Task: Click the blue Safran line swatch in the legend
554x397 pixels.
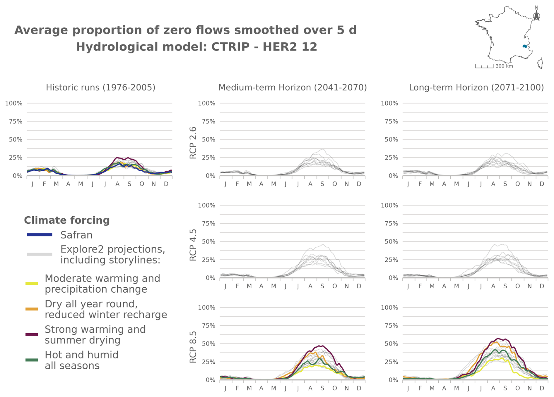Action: point(40,235)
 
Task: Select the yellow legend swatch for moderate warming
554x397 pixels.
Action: point(32,284)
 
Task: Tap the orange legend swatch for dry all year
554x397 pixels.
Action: point(32,309)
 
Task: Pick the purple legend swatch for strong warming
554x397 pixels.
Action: point(32,334)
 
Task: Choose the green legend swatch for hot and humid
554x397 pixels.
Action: point(32,360)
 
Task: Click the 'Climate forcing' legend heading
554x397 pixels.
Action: point(67,220)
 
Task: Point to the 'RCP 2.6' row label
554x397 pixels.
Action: point(193,143)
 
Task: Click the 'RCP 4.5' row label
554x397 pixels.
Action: point(193,245)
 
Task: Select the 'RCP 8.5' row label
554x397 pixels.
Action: point(193,347)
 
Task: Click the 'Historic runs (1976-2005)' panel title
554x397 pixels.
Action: point(101,87)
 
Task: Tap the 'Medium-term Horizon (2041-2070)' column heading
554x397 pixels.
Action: point(293,87)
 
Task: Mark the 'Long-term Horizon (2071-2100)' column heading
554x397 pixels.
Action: point(476,87)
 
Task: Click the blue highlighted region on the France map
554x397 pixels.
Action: point(525,46)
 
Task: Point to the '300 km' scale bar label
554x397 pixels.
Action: point(504,66)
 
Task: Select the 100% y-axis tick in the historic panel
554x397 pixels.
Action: point(14,103)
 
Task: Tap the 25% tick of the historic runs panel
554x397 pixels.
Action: point(16,158)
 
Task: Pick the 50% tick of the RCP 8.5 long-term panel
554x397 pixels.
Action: point(391,344)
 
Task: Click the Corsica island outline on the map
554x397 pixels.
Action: point(541,63)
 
